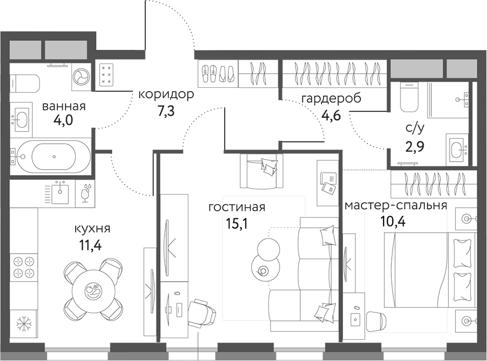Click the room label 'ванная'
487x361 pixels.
(64, 106)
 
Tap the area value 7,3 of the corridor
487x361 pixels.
(166, 111)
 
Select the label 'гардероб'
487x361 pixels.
(331, 98)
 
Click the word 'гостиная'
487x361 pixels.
(238, 208)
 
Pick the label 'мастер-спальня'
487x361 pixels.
(395, 205)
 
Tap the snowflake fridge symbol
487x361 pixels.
(23, 324)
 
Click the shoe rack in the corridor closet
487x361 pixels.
(218, 74)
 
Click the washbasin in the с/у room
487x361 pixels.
(457, 147)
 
